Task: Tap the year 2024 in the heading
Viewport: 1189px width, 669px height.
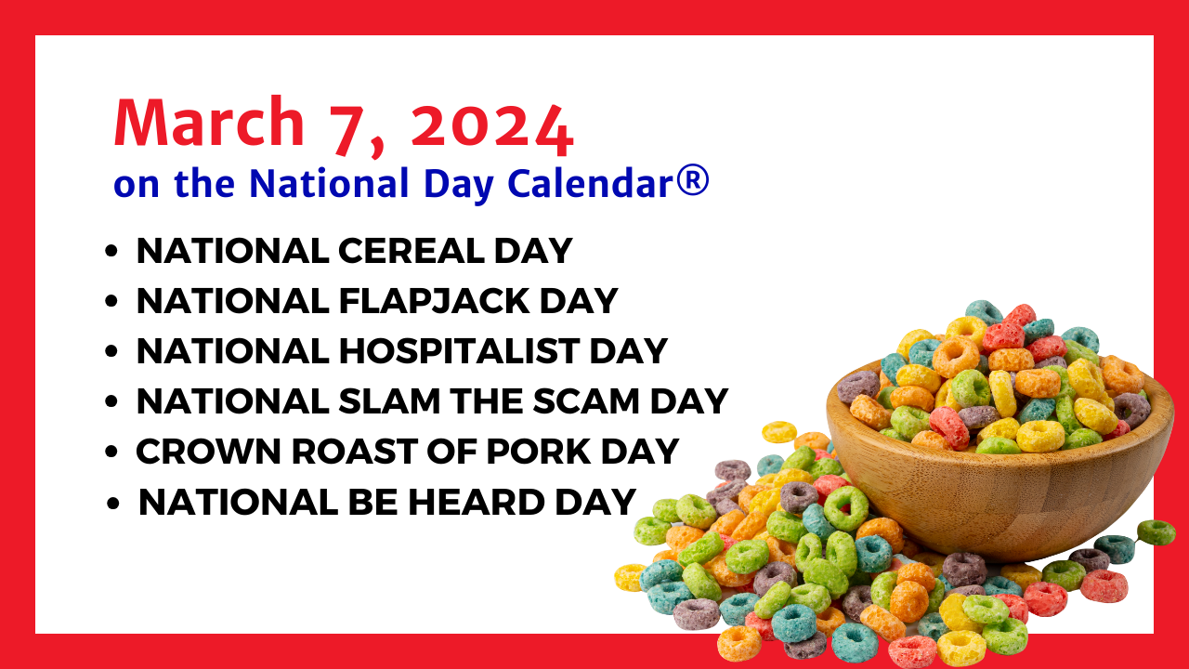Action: tap(492, 129)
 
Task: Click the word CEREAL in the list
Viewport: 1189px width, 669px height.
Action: tap(412, 251)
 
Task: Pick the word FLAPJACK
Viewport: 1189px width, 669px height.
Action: tap(434, 302)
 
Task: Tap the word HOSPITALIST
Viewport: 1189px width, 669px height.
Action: tap(459, 351)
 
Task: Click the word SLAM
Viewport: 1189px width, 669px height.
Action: tap(389, 400)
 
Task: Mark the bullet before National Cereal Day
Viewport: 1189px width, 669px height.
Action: tap(111, 251)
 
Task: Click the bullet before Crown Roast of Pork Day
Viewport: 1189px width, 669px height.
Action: tap(111, 452)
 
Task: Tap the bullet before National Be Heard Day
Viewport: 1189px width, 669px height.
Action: tap(113, 503)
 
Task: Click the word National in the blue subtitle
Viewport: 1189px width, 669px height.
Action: tap(329, 183)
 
